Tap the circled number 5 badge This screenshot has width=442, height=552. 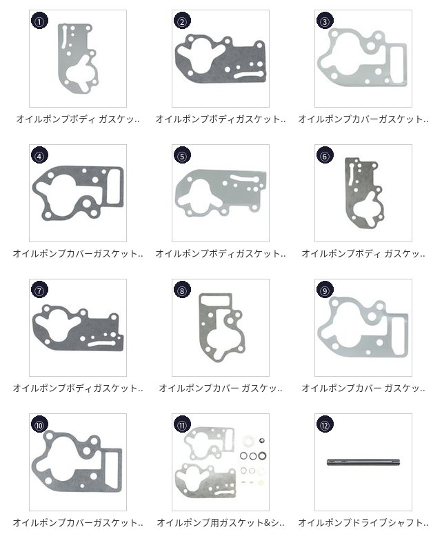182,155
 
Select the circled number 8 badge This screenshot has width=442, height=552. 182,290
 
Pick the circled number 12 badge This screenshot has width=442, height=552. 325,424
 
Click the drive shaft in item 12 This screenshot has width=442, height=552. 363,462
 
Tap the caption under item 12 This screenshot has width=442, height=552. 363,523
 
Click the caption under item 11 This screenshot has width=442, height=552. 221,523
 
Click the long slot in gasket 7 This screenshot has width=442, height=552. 101,344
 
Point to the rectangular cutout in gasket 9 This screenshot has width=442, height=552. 399,335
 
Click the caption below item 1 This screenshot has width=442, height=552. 78,119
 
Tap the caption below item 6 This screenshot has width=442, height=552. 363,253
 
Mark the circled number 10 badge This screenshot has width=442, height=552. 39,424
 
